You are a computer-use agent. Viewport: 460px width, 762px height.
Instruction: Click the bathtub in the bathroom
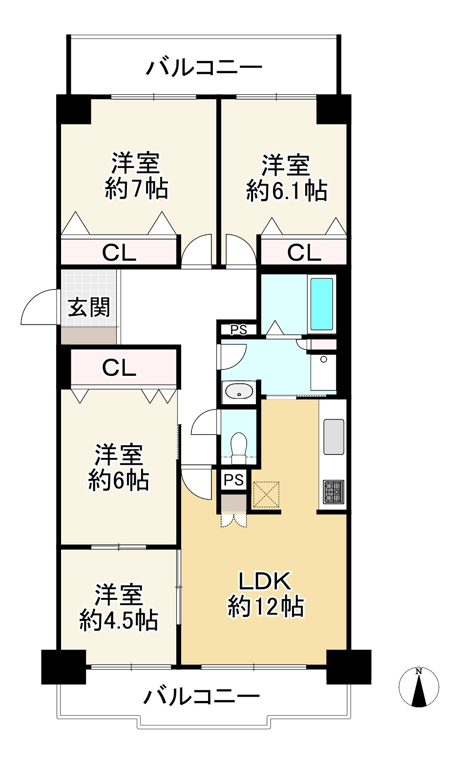(x=321, y=304)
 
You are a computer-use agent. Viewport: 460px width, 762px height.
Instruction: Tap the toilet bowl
(x=238, y=448)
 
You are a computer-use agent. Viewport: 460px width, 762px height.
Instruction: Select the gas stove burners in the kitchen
(x=334, y=492)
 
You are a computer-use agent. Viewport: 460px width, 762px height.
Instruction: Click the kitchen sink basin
(x=334, y=437)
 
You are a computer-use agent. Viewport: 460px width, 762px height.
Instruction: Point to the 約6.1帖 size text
(x=287, y=190)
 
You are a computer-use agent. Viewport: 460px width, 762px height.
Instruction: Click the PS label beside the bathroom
(x=238, y=330)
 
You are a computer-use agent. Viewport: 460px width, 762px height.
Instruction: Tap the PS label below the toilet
(x=234, y=480)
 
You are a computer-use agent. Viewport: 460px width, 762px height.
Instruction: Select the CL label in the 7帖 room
(x=119, y=253)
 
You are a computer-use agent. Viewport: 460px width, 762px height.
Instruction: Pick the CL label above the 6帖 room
(x=119, y=368)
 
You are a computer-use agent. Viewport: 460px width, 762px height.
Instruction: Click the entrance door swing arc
(x=32, y=299)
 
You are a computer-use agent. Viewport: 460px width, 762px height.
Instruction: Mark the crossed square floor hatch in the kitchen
(x=266, y=494)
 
